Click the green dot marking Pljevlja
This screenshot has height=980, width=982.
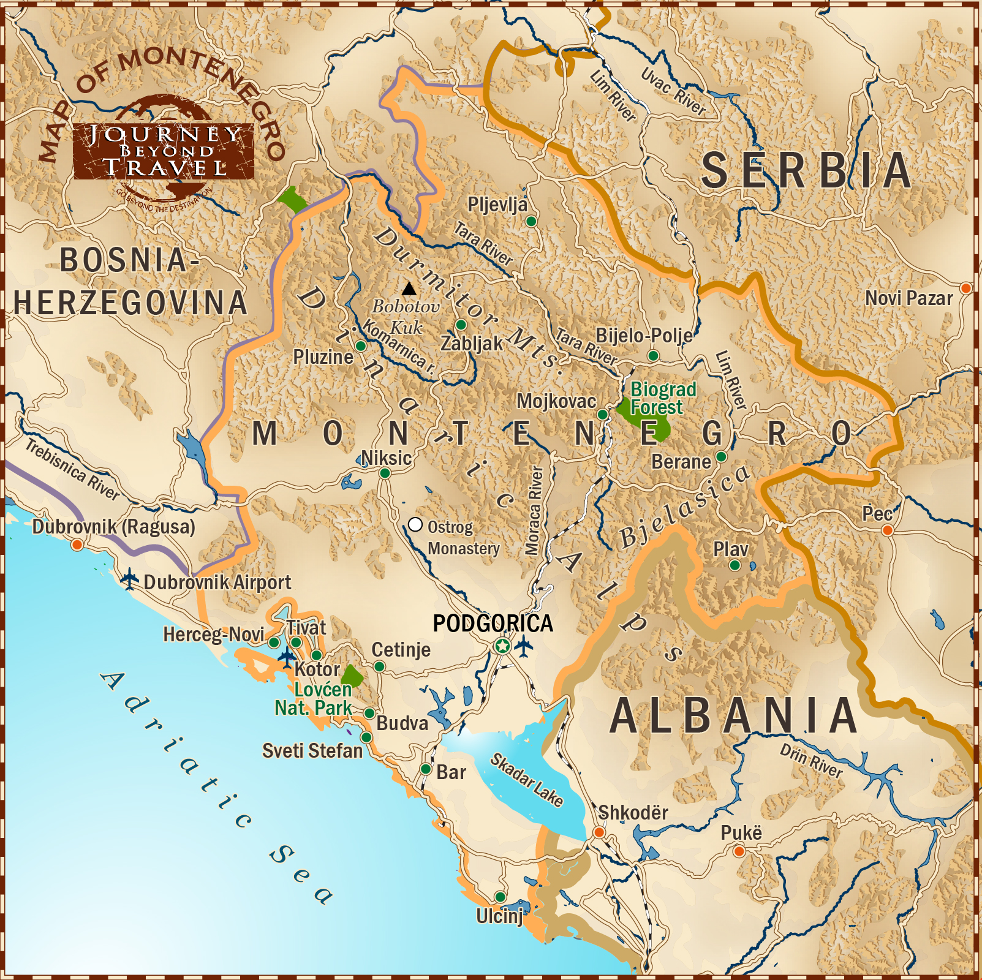pos(531,221)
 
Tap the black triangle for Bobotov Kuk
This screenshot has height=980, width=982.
pos(409,288)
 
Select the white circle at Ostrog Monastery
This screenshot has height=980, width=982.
pos(415,525)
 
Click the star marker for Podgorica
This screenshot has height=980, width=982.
pos(502,646)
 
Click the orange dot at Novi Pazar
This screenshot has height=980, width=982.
pos(965,288)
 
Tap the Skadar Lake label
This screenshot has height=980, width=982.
pos(527,780)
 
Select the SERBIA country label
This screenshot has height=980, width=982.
pos(806,171)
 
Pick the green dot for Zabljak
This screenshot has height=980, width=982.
pos(461,325)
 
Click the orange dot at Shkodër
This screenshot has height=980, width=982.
pos(599,832)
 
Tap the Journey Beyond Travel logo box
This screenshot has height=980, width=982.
pos(164,151)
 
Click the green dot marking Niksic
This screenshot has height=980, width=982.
pos(385,473)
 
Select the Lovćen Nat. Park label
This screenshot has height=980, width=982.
pos(314,699)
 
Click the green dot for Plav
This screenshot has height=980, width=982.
pos(735,565)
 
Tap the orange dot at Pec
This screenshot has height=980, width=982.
pos(887,530)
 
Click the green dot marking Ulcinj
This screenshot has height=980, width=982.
pos(500,897)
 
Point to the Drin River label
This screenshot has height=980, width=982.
pos(810,761)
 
